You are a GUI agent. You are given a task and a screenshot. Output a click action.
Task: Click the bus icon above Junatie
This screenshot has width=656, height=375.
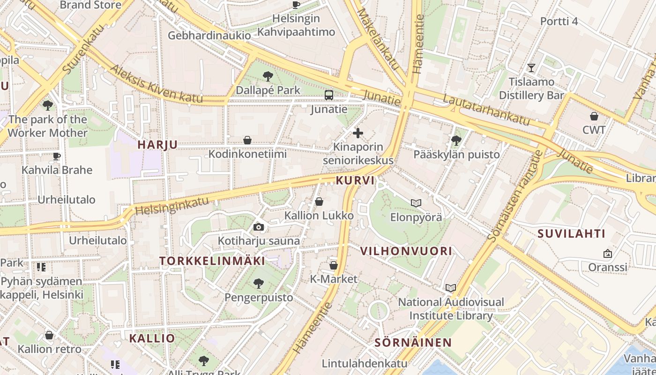coord(329,95)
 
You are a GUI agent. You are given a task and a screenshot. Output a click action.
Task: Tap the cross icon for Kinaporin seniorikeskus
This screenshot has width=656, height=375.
coord(358,133)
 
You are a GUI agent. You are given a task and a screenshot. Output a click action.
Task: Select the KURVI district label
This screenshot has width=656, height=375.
coord(355,180)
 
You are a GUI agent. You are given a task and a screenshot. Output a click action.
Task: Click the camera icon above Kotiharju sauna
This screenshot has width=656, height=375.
coord(258,227)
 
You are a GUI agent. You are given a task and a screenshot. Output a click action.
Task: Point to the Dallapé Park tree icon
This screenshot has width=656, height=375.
coord(268,75)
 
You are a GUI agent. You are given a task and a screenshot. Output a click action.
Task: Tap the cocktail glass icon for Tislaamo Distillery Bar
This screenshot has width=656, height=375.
coord(531,68)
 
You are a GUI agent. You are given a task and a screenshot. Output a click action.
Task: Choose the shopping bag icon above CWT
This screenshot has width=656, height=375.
coord(594,116)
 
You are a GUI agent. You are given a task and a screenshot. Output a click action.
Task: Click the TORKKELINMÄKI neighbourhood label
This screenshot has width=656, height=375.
coord(212,261)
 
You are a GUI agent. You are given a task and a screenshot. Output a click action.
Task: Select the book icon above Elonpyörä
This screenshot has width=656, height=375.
coord(416,203)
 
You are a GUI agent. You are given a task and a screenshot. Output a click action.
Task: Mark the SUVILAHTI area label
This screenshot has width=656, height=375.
coord(571,233)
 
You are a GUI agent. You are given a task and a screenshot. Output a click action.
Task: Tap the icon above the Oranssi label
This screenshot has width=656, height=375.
coord(608,254)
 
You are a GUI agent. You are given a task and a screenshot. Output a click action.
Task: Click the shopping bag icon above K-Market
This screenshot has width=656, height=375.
coord(334,265)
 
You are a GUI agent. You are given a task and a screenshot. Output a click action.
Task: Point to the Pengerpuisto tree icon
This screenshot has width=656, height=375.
coord(258,283)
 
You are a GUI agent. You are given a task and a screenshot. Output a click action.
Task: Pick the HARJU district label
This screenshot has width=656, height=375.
coord(157,145)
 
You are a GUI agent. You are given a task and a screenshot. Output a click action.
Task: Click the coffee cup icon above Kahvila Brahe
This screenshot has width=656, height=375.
coord(57,156)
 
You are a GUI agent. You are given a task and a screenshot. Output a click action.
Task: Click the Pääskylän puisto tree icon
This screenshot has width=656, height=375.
coord(456,140)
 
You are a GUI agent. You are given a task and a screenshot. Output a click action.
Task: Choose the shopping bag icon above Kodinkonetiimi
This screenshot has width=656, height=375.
coord(247,140)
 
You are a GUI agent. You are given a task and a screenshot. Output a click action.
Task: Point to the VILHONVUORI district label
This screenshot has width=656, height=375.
coord(406,251)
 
